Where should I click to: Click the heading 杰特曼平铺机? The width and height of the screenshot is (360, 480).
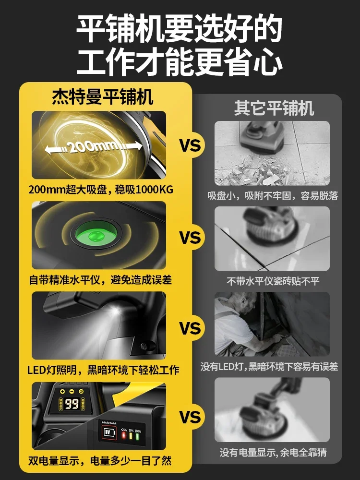click(102, 97)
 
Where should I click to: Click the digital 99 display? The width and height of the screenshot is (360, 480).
click(72, 404)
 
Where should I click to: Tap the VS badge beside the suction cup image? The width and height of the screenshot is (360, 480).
click(190, 145)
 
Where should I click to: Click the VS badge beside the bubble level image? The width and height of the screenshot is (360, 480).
click(190, 238)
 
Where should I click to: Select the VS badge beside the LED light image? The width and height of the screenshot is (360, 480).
click(190, 329)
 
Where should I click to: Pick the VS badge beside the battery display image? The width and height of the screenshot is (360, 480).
click(190, 417)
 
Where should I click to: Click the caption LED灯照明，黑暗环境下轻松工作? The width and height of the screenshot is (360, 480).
click(103, 370)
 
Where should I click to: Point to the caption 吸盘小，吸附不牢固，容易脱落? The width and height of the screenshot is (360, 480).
click(273, 196)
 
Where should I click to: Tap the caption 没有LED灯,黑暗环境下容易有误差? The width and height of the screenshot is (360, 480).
click(269, 367)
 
